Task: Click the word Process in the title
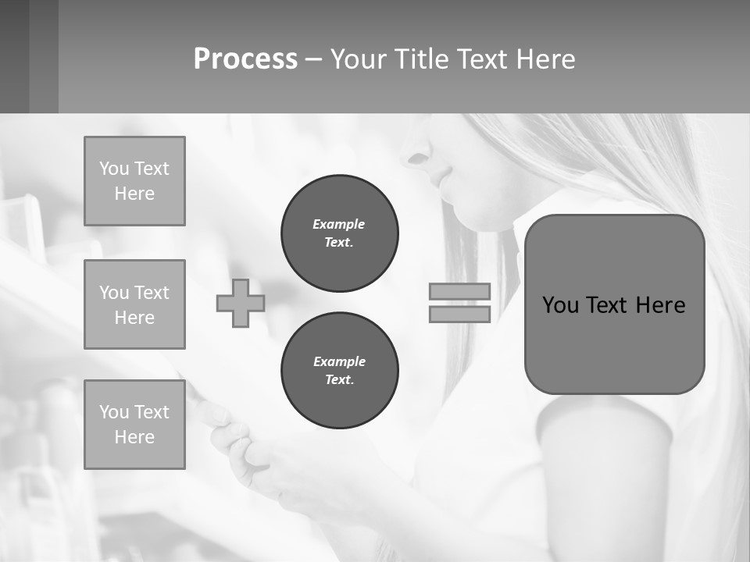pos(245,59)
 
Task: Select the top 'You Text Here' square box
pos(134,181)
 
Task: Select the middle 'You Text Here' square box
pos(134,304)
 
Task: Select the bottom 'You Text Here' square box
pos(134,425)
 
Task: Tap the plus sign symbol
pos(241,304)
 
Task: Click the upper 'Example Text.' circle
pos(339,233)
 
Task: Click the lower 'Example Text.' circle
pos(339,371)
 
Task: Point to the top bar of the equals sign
pos(459,291)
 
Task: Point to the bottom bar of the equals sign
pos(459,315)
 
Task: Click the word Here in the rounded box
pos(660,305)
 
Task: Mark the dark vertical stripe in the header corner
pos(44,56)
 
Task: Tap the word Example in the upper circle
pos(339,224)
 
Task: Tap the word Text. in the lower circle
pos(339,380)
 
